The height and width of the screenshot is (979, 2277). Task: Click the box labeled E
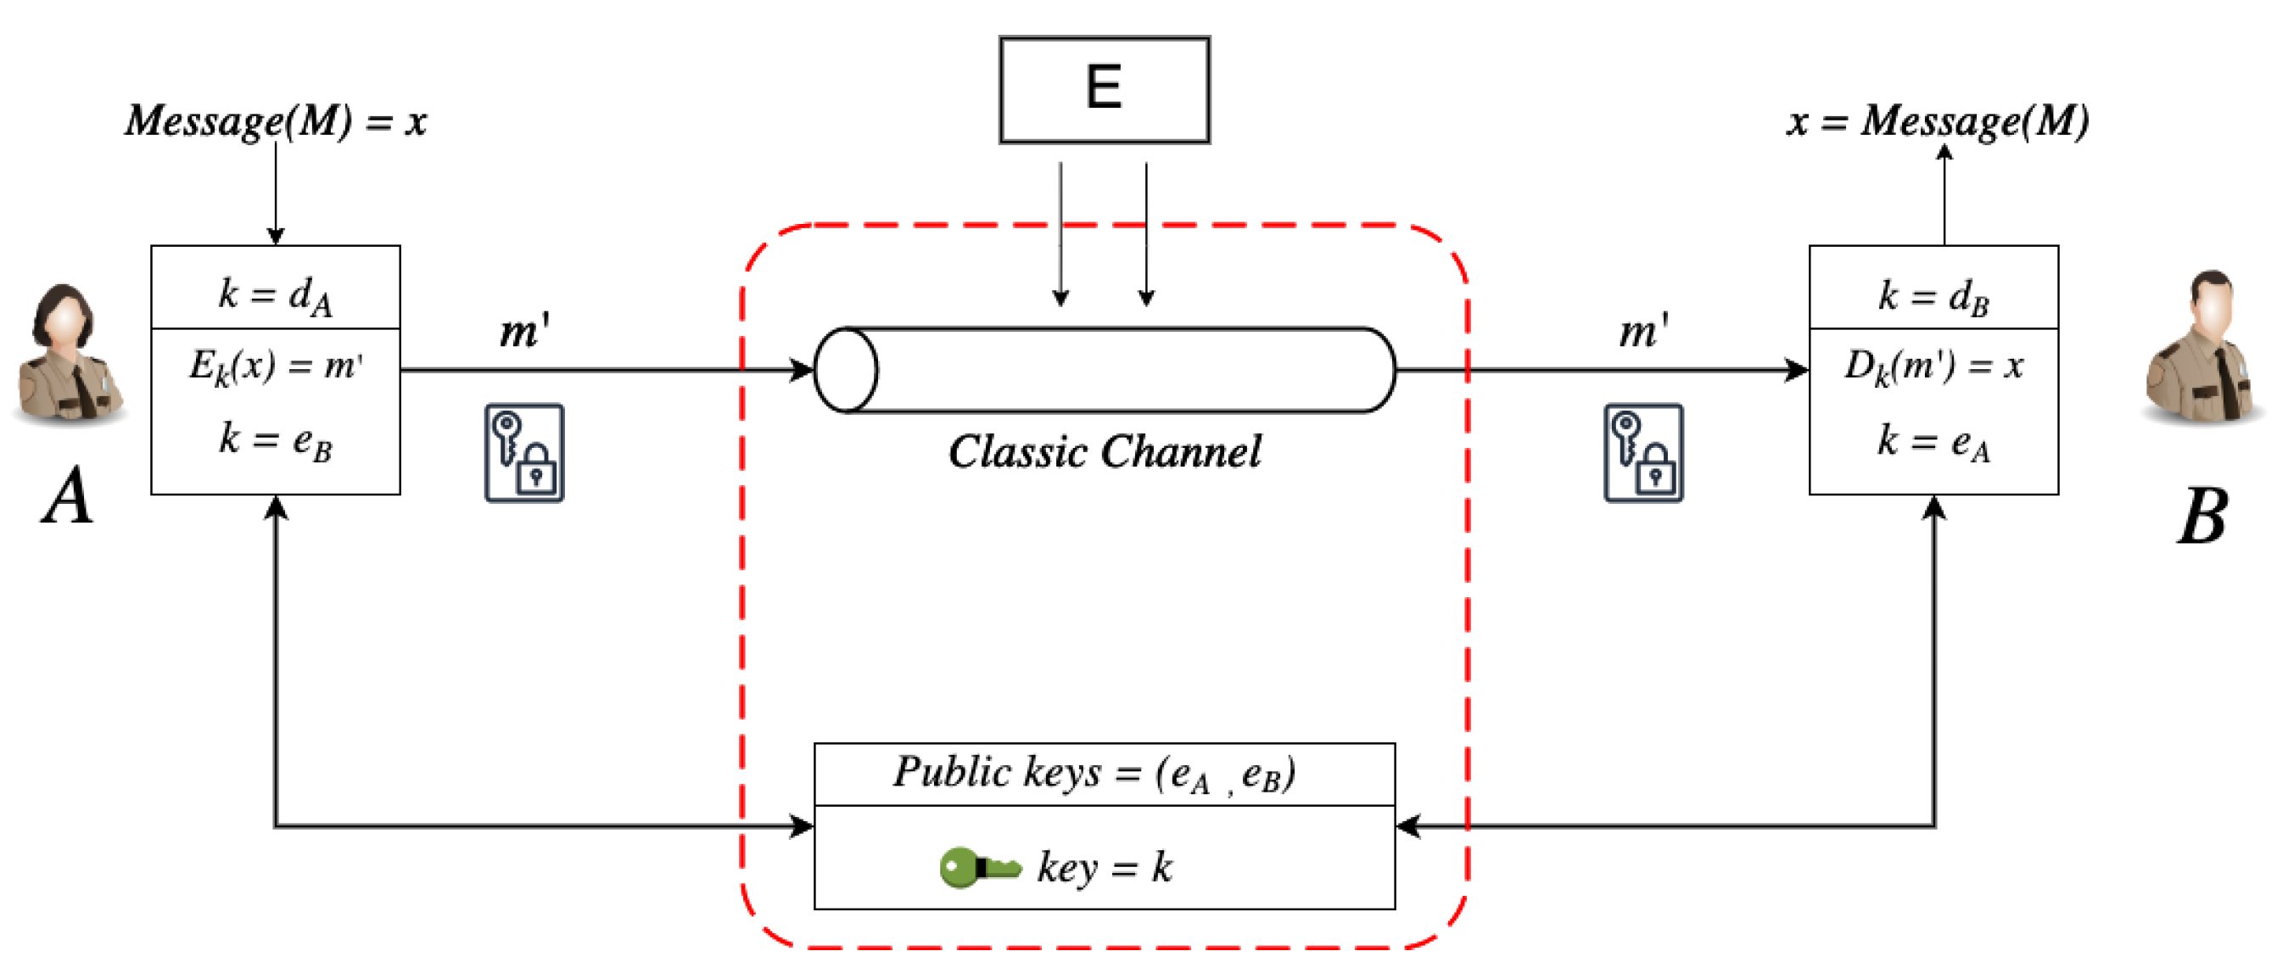[1104, 89]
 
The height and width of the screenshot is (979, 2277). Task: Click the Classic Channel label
[1104, 451]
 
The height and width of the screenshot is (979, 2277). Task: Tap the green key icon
[978, 867]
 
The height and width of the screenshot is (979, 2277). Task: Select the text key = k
[1105, 867]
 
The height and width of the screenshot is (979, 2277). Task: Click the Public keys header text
[1094, 773]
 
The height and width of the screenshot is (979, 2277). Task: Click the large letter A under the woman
[67, 496]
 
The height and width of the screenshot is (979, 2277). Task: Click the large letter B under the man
[2201, 517]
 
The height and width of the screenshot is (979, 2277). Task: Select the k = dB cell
[1933, 295]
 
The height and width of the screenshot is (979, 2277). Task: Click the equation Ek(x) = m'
[275, 365]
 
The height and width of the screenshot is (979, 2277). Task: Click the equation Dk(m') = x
[1933, 365]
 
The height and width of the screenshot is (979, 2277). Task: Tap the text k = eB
[275, 439]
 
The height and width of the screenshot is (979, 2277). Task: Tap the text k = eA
[1933, 441]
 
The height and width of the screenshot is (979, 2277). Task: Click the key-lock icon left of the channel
[524, 453]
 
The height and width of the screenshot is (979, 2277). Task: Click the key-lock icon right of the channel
[1643, 453]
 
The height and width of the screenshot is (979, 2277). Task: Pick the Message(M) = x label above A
[275, 120]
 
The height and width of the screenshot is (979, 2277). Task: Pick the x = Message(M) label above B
[1938, 120]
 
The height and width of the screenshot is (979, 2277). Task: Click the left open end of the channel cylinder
[846, 370]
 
